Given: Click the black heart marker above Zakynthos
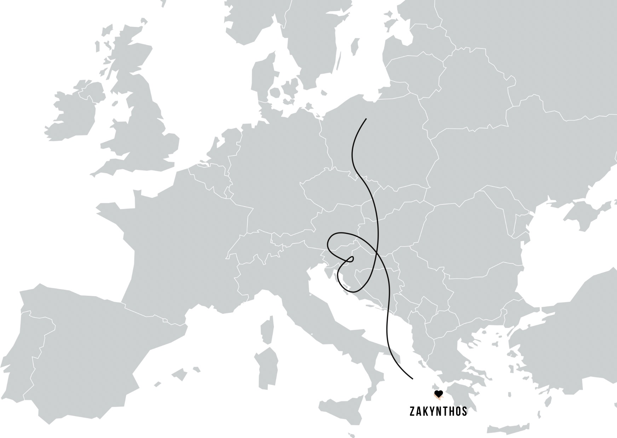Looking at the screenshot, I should pyautogui.click(x=438, y=393).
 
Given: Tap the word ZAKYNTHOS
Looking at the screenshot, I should pyautogui.click(x=438, y=411).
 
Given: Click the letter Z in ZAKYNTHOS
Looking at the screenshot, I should pyautogui.click(x=412, y=411).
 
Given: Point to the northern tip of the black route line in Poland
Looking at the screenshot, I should pyautogui.click(x=366, y=119).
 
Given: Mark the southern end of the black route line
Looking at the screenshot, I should pyautogui.click(x=413, y=379).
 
